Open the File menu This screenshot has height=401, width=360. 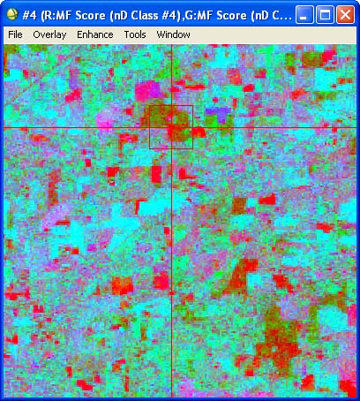point(15,34)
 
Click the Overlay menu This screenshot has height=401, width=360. point(49,34)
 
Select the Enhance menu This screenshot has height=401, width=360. point(94,34)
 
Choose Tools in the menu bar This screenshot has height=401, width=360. point(135,34)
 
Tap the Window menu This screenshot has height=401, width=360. point(173,34)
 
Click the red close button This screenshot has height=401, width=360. point(343,14)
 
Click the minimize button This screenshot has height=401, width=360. point(303,14)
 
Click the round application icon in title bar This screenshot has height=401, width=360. point(11,14)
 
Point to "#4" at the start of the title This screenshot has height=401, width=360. point(29,14)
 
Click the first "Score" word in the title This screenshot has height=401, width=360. point(92,14)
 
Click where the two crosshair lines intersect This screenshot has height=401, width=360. point(170,128)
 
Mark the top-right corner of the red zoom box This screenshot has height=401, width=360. point(192,106)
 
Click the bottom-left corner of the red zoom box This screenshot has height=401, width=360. point(149,148)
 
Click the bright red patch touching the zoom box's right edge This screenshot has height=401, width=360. point(198,133)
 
